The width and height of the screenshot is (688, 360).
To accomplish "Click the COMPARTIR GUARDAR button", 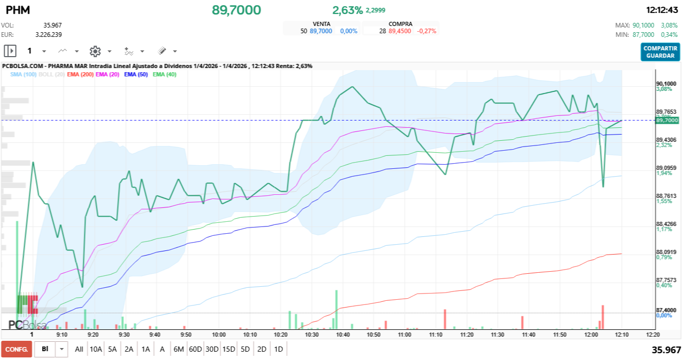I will tap(660, 52).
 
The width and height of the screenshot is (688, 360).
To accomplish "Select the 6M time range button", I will tap(179, 349).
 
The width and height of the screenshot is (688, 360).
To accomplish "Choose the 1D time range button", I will tap(278, 349).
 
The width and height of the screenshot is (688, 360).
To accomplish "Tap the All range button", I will tap(79, 349).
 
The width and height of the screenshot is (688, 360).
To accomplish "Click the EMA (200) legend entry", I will tap(80, 74).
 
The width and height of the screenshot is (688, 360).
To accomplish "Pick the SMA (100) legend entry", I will tap(23, 74).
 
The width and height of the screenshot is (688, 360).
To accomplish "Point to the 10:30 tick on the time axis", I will tap(312, 335).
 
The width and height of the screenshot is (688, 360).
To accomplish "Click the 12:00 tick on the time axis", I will tap(591, 335).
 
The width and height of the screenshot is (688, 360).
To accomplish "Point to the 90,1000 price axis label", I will tap(666, 84).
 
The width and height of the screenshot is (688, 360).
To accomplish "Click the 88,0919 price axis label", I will tap(666, 252).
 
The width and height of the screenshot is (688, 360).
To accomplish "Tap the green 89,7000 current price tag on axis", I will tap(667, 120).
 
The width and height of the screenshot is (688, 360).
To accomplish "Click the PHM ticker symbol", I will tap(18, 10).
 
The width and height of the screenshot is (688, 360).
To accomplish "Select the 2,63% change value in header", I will tap(347, 10).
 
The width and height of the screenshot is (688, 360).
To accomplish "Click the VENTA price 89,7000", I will tap(321, 31).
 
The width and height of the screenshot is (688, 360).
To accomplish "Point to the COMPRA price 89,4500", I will tap(400, 31).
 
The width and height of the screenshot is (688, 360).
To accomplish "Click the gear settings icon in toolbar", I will tap(95, 51).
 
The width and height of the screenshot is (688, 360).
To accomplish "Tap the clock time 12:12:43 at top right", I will tap(662, 10).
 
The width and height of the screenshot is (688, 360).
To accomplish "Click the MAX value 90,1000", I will tap(644, 25).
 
